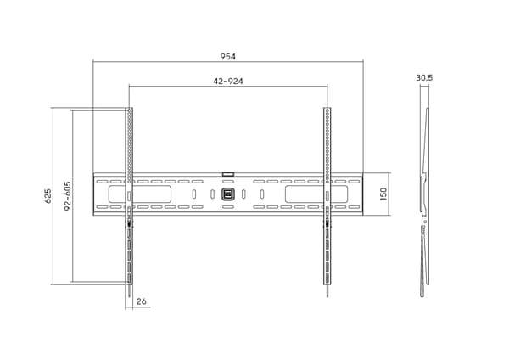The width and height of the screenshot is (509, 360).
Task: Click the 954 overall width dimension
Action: point(228,57)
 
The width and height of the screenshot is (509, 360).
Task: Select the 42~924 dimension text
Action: point(228,81)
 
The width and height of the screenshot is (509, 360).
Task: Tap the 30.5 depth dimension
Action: point(424,77)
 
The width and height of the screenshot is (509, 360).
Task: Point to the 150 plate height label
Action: point(383,194)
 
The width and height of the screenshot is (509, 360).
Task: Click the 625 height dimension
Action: point(48,196)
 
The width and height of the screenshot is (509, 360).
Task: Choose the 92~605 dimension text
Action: point(68,196)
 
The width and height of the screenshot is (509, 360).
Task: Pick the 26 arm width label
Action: point(141,301)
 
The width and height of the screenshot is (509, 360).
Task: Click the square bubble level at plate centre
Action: point(228,194)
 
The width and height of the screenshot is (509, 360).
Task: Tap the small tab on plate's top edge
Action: point(228,174)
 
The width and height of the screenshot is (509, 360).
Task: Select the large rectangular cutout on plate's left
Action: point(140,194)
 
